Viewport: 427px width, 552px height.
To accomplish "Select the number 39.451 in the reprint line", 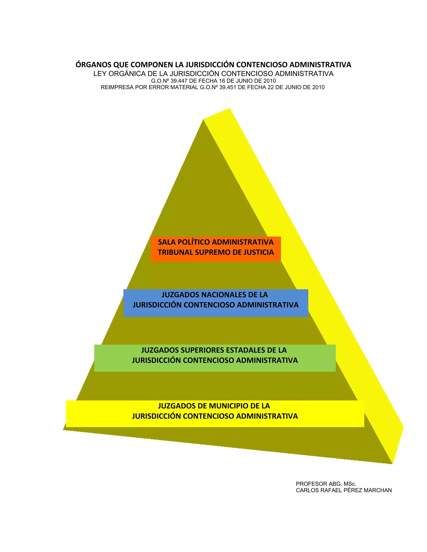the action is point(229,87).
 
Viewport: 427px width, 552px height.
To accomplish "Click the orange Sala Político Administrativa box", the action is point(216,249).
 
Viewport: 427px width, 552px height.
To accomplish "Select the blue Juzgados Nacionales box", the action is point(216,303).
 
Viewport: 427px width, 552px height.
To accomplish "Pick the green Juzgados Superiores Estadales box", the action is point(215,358).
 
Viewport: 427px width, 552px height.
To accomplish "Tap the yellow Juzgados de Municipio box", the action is point(215,414).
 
